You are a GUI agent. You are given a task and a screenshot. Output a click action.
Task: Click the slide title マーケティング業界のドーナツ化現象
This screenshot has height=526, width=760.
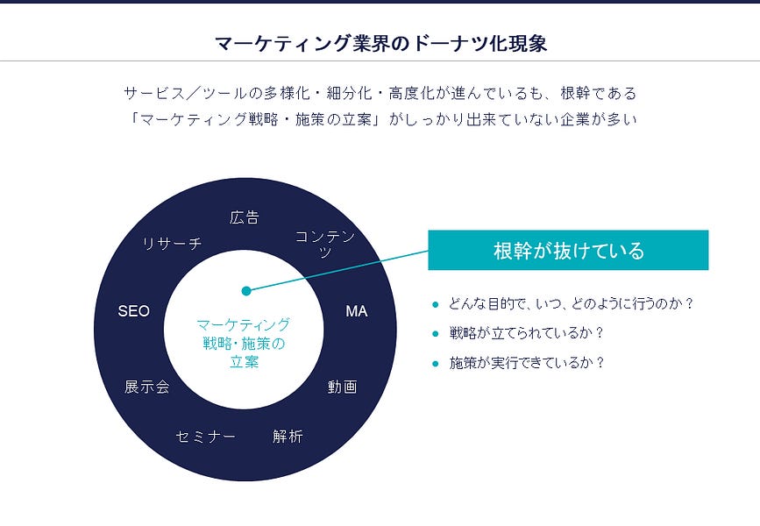point(380,43)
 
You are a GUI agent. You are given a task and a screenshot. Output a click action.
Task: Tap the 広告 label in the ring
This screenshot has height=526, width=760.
point(245,217)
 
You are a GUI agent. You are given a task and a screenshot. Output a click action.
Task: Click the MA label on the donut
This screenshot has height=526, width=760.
point(356,311)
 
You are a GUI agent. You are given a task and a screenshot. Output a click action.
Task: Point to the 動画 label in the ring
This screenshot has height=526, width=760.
point(343,387)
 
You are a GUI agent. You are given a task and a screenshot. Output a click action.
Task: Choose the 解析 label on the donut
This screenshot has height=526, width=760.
point(288,436)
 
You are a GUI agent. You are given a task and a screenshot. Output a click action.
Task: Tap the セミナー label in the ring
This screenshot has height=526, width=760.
point(205,437)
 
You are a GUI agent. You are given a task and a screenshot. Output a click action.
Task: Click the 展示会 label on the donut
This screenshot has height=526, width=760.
point(146,387)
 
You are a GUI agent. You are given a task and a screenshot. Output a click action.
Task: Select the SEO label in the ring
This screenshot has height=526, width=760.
point(133,311)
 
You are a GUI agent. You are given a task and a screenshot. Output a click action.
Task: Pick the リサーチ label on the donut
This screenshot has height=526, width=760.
point(172,244)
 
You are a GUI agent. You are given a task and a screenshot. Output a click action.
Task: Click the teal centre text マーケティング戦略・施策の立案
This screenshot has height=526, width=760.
point(244,342)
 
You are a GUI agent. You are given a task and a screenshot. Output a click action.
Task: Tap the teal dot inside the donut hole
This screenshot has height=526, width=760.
point(246,290)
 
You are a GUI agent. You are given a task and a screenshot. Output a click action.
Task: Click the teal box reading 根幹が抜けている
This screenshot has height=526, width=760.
point(568,251)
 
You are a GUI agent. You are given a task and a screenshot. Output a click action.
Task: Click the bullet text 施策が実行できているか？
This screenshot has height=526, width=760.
point(527,362)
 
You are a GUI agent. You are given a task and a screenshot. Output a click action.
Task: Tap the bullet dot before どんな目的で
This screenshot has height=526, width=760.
point(435,304)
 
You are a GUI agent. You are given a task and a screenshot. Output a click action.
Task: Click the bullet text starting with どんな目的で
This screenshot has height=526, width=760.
point(571,304)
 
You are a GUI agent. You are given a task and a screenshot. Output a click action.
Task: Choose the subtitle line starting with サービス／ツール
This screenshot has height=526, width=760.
point(380,93)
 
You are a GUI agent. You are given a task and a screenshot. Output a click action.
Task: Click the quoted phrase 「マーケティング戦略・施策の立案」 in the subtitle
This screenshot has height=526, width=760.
point(250,120)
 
